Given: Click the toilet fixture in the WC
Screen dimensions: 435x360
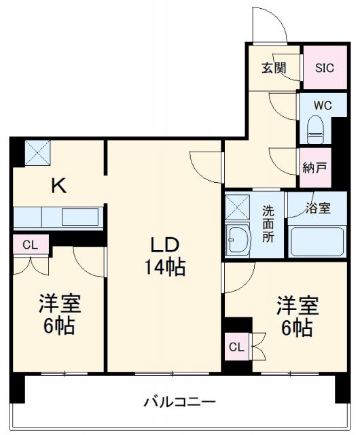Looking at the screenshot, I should pyautogui.click(x=316, y=128).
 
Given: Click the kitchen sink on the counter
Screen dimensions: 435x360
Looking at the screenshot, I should pyautogui.click(x=80, y=217).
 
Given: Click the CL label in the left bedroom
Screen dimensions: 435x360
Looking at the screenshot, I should pyautogui.click(x=29, y=245).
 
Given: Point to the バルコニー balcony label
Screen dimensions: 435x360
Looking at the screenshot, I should pyautogui.click(x=179, y=401).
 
